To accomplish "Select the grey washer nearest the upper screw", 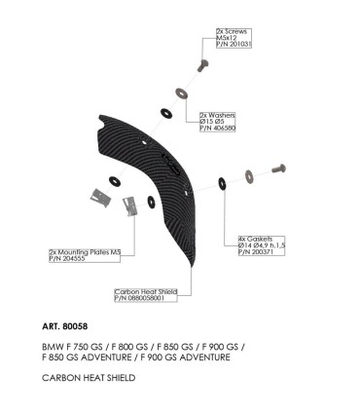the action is [182, 94].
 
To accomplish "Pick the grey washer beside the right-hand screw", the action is [249, 175].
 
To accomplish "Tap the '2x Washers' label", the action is [216, 115].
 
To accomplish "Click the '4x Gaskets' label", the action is [254, 239].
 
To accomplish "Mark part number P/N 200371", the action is [255, 250].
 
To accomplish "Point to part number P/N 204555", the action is [68, 258].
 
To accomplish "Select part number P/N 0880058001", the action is [145, 298].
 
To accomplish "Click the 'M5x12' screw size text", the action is [225, 38].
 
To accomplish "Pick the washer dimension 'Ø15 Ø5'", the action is [213, 121].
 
